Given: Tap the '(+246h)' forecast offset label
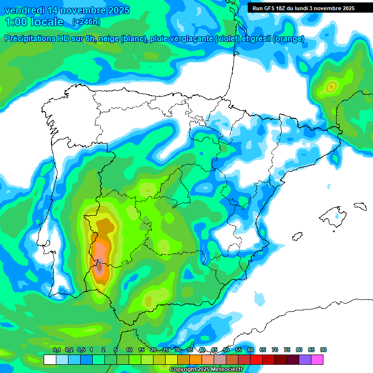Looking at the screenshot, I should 86,22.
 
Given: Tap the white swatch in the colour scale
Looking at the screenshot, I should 50,359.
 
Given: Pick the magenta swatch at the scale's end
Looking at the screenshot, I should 317,359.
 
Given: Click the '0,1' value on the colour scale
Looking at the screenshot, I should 56,350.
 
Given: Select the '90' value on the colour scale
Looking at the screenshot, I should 323,350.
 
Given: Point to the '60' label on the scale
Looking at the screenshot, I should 251,350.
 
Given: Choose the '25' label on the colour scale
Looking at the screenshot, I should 166,350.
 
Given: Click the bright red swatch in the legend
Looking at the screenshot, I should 256,359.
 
